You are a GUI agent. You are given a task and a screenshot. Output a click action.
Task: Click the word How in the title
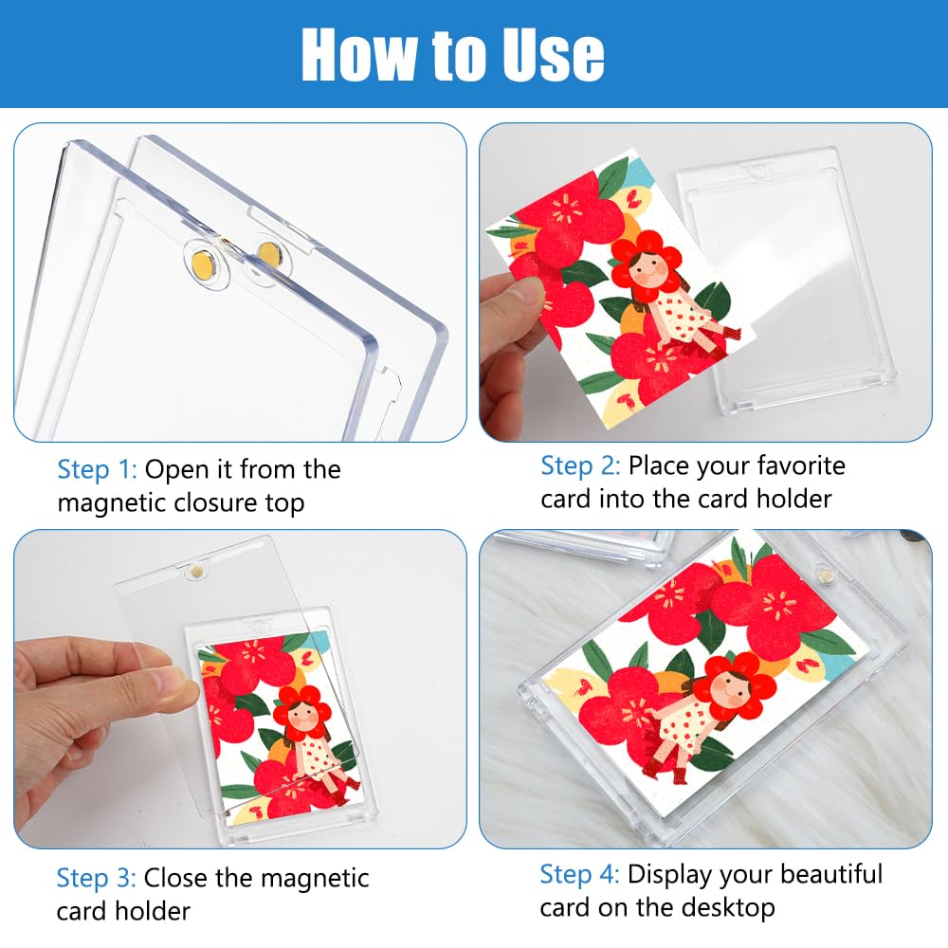tap(359, 54)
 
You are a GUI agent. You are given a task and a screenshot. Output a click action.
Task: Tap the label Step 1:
tap(98, 470)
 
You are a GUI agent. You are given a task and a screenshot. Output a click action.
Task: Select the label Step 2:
tap(580, 466)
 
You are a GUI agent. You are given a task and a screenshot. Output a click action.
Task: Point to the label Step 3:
tap(96, 879)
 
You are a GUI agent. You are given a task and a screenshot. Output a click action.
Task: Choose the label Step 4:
tap(580, 875)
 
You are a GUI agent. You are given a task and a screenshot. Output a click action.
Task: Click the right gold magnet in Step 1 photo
tap(269, 254)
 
